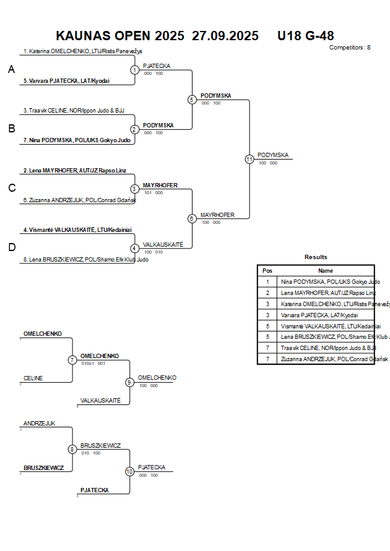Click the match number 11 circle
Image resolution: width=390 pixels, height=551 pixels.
(x=249, y=159)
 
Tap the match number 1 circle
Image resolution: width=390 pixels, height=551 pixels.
(x=134, y=70)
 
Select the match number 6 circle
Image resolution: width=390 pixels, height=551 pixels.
(x=192, y=218)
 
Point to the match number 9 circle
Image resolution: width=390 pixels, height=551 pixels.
(x=129, y=382)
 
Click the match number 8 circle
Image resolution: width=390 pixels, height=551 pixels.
(x=72, y=449)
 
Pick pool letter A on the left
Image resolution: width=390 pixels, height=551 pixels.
(x=11, y=70)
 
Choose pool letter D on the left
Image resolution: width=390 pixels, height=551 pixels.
(x=11, y=247)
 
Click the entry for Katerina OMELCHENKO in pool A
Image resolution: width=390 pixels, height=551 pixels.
(x=82, y=51)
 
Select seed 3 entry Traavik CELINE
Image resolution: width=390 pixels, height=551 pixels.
(x=74, y=111)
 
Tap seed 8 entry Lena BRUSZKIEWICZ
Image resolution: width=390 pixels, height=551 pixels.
(x=85, y=260)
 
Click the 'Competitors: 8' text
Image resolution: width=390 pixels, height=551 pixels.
(x=350, y=48)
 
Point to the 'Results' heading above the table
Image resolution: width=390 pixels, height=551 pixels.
(x=316, y=257)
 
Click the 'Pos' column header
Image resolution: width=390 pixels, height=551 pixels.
(x=267, y=270)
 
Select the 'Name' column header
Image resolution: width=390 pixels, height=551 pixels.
(x=326, y=270)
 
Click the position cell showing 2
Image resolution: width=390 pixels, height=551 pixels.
(x=267, y=293)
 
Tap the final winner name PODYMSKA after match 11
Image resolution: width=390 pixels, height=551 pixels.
(x=273, y=155)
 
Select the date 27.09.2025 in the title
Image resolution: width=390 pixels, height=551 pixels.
(x=225, y=36)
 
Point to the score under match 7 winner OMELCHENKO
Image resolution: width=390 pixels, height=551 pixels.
(x=93, y=363)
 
